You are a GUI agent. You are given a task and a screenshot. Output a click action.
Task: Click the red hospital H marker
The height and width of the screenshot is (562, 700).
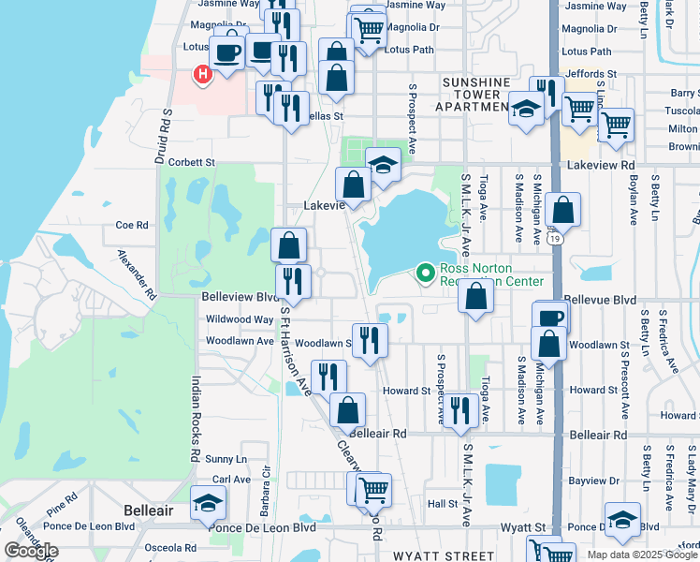point(201,74)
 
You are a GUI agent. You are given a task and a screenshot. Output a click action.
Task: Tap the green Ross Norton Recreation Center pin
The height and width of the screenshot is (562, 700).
point(427,274)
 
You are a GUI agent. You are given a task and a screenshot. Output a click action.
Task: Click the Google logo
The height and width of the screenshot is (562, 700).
point(31,551)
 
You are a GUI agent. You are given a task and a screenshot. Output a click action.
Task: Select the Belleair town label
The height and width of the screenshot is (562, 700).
point(149,510)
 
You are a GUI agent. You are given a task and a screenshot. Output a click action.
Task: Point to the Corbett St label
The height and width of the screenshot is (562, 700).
point(192,162)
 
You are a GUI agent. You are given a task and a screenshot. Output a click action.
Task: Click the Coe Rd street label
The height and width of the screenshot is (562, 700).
point(132,225)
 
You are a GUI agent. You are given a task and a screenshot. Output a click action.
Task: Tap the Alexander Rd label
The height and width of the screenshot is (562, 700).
point(137,273)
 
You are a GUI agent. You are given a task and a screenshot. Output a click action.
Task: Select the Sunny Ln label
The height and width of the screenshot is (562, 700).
point(226,459)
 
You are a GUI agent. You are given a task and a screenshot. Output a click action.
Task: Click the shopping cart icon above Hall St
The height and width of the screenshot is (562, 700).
point(372,488)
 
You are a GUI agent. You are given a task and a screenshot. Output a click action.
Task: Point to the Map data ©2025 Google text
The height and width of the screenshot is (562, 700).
point(642,555)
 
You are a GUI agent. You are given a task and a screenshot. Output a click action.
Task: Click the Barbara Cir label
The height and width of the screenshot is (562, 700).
point(268,486)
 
